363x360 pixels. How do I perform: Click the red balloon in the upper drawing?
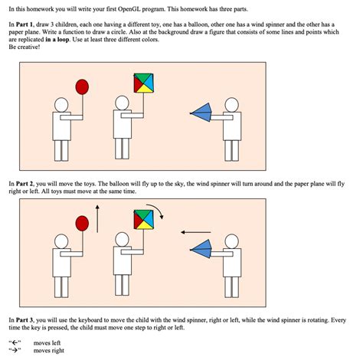tap(82, 87)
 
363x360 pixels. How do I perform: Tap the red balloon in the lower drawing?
tap(82, 224)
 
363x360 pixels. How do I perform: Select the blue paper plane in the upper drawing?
tap(201, 113)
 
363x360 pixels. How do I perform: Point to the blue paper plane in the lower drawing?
tap(201, 249)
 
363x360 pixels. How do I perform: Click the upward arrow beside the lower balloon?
tap(97, 218)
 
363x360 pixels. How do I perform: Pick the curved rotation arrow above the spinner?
tap(155, 210)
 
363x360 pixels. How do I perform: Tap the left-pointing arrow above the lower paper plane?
tap(196, 232)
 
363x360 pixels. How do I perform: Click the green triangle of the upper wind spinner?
tap(143, 77)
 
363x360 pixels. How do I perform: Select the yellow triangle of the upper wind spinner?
tap(144, 88)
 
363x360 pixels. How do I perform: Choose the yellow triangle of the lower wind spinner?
tap(144, 225)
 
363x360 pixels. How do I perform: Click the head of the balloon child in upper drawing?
tap(61, 105)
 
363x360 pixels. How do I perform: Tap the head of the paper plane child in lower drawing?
tap(232, 241)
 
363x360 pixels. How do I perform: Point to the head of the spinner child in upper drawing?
tap(122, 103)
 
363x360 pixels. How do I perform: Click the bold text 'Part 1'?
tap(25, 25)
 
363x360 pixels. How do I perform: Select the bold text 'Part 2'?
tap(25, 184)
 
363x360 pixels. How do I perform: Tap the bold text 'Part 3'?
tap(25, 320)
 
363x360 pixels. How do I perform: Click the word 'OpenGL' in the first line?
tap(129, 9)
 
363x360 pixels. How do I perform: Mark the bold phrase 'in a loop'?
tap(57, 40)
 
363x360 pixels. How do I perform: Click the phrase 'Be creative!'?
tap(25, 47)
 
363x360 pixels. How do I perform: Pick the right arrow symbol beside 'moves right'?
tap(15, 350)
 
